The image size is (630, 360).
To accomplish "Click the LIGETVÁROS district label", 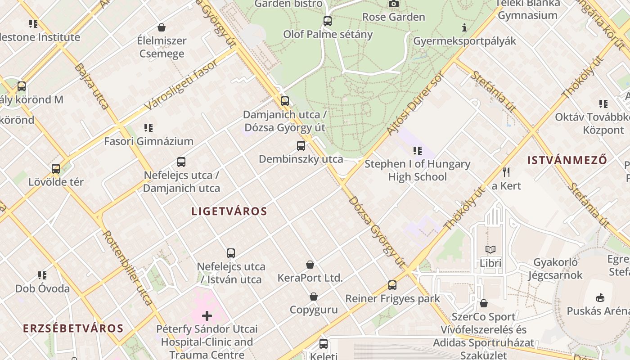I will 229,211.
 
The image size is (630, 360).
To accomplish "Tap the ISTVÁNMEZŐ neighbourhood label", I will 567,160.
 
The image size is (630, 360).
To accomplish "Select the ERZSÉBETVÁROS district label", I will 73,328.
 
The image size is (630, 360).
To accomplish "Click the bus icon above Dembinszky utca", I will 301,146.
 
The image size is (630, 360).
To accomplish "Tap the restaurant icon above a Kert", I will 506,172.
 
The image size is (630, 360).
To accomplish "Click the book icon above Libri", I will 490,249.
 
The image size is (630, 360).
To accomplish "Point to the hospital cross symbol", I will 207,316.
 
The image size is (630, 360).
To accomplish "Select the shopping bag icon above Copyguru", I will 314,297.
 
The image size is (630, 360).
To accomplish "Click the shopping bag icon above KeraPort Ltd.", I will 310,265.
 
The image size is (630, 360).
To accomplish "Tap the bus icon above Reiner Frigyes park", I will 392,285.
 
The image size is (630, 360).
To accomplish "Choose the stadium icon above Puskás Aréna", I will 600,297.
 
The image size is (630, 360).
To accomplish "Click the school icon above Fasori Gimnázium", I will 148,128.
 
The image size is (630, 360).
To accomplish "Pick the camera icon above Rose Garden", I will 394,4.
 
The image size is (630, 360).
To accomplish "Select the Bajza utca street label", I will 92,86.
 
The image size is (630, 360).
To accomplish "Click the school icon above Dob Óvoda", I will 42,275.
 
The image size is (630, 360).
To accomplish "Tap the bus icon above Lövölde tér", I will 56,169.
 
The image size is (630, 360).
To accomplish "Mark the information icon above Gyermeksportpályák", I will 464,27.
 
